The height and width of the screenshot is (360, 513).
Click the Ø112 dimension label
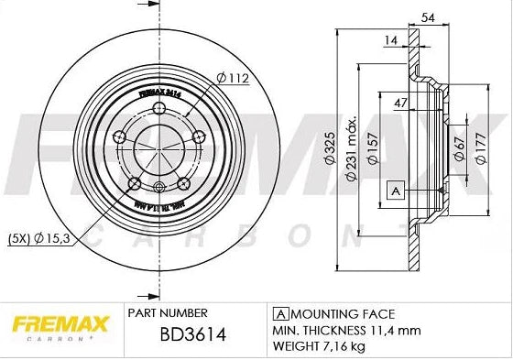tap(234, 78)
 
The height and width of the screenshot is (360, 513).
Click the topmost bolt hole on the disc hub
tap(160, 109)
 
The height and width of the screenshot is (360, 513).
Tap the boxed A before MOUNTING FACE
tap(276, 313)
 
